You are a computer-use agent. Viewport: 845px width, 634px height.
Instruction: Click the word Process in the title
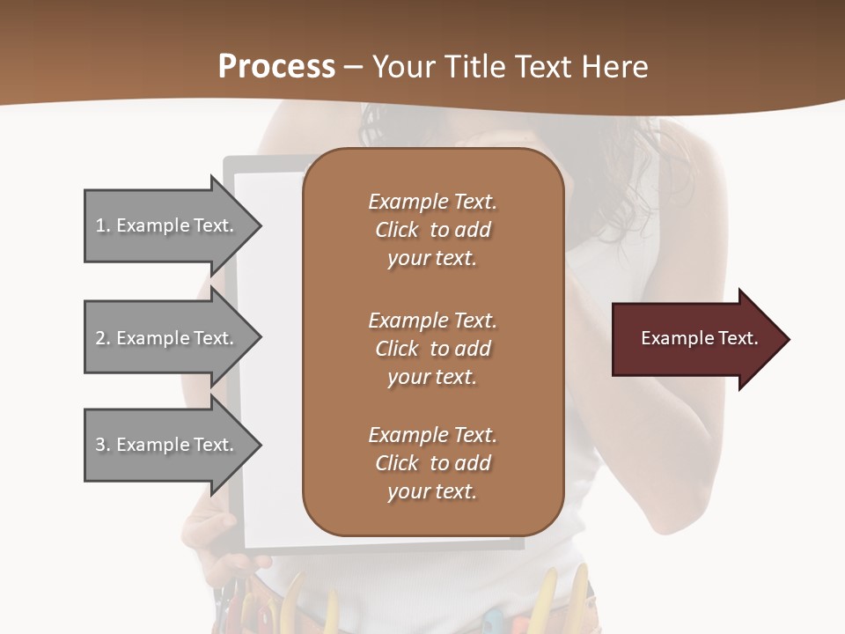[x=276, y=67]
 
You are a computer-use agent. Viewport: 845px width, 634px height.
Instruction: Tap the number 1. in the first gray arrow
[x=103, y=225]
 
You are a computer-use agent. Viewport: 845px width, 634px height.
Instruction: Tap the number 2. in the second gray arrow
[x=103, y=338]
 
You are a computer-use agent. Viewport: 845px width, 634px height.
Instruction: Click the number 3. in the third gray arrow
[x=103, y=445]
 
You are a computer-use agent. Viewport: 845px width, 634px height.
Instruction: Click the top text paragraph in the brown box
[x=432, y=230]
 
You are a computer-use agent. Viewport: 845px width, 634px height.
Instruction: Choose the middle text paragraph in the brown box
[x=432, y=349]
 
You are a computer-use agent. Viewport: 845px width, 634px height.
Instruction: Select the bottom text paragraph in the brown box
[x=432, y=463]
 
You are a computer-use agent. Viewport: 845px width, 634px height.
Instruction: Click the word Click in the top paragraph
[x=396, y=230]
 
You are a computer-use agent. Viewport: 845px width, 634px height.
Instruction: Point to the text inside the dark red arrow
[x=699, y=338]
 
